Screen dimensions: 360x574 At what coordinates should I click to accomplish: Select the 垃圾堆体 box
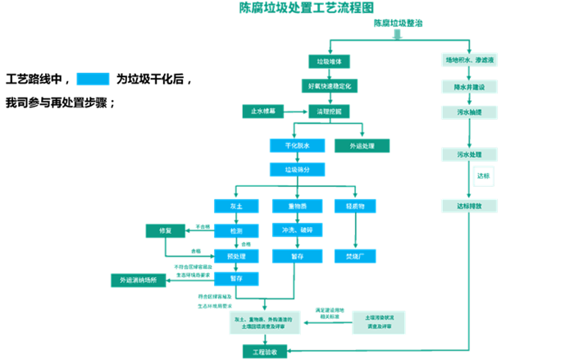pos(329,62)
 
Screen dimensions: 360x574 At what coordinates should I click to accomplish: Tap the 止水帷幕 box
pos(263,111)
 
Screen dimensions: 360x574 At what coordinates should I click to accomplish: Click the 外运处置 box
pos(362,146)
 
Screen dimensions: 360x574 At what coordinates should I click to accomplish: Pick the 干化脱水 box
pos(297,146)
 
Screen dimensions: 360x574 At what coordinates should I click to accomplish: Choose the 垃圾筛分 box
pos(297,170)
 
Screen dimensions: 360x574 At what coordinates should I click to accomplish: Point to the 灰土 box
pos(236,206)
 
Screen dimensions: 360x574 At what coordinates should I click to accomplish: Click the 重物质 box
pos(296,206)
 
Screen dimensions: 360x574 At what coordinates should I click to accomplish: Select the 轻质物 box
pos(354,206)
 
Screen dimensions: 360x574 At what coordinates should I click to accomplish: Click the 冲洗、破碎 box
pos(296,230)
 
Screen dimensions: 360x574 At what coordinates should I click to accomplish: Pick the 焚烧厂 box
pos(354,256)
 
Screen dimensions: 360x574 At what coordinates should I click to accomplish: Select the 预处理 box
pos(236,255)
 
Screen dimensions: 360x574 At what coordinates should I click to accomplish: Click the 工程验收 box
pos(265,351)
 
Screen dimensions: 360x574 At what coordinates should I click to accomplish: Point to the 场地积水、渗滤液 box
pos(469,61)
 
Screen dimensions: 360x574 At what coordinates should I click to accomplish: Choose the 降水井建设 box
pos(469,86)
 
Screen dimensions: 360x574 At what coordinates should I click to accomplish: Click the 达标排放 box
pos(469,206)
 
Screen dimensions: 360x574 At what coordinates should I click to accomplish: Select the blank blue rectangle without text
pos(93,79)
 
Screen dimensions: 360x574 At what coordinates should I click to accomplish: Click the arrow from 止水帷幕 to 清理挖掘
pos(296,111)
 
